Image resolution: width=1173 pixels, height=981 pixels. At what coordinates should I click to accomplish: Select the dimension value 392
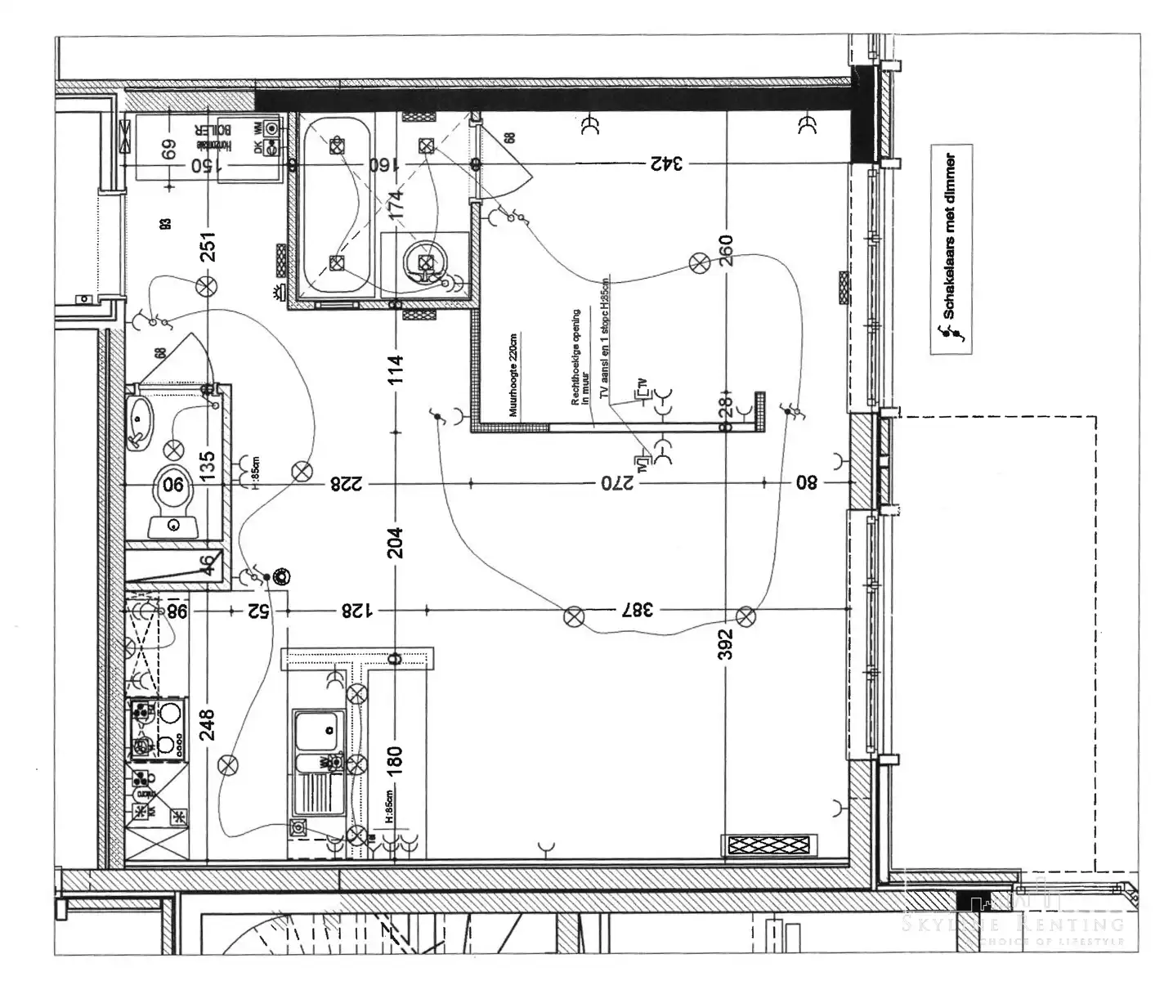pos(726,643)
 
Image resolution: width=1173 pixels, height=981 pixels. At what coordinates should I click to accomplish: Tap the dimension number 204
pos(396,542)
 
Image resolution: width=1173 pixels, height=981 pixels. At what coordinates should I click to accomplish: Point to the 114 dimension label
pos(396,369)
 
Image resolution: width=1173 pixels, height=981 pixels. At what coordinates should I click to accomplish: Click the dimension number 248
pos(208,725)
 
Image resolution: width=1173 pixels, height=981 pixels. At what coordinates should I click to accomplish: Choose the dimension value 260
pos(726,251)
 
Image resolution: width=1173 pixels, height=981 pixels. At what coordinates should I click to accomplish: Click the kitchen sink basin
pos(318,730)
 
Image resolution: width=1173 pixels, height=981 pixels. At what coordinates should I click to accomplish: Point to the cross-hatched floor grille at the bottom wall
pos(769,845)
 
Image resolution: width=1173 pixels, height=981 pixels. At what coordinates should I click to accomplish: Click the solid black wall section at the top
pos(556,100)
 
